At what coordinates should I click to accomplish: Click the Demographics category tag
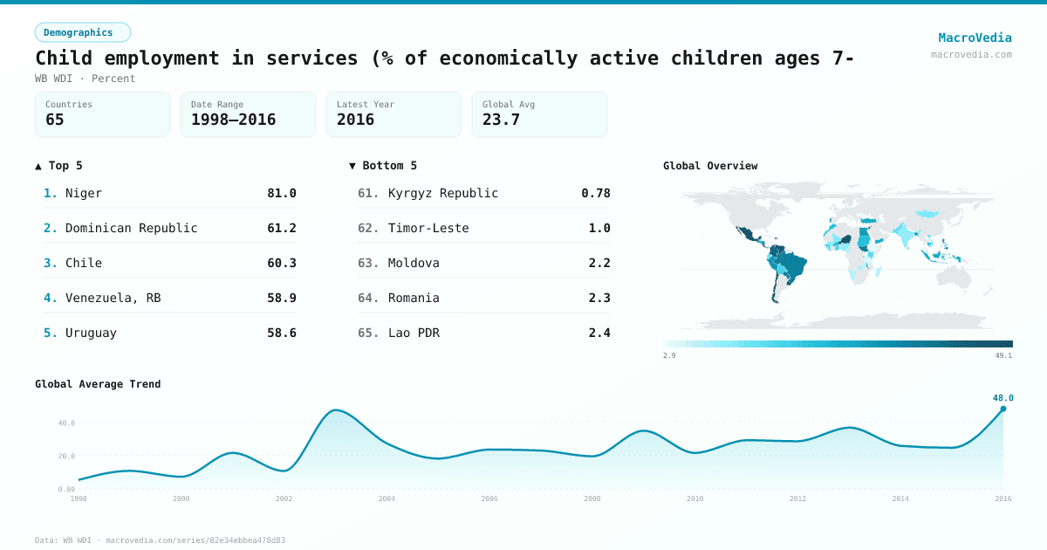coord(83,32)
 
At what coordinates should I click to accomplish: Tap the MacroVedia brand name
coord(975,38)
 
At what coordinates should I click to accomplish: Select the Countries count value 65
coord(55,120)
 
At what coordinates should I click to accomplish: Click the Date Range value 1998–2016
coord(233,120)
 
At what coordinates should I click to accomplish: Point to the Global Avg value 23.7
coord(501,120)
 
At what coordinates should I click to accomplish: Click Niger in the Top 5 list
coord(84,193)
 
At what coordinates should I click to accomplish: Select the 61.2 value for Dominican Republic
coord(281,228)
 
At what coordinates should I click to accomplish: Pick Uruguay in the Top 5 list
coord(91,333)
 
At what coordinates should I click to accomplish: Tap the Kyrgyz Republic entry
coord(443,193)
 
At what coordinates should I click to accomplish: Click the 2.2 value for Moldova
coord(599,263)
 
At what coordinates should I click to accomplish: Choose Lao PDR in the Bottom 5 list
coord(414,333)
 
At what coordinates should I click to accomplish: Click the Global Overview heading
coord(710,166)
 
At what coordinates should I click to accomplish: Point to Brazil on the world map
coord(794,265)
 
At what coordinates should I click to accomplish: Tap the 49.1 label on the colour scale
coord(1003,355)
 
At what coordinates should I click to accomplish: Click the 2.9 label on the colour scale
coord(669,355)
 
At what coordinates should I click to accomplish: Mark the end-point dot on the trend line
coord(1003,409)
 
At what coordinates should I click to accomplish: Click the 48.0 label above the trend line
coord(1003,398)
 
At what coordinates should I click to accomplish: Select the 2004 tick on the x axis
coord(387,498)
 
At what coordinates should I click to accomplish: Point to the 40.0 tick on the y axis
coord(66,423)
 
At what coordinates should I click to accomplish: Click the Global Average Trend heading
coord(98,384)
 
